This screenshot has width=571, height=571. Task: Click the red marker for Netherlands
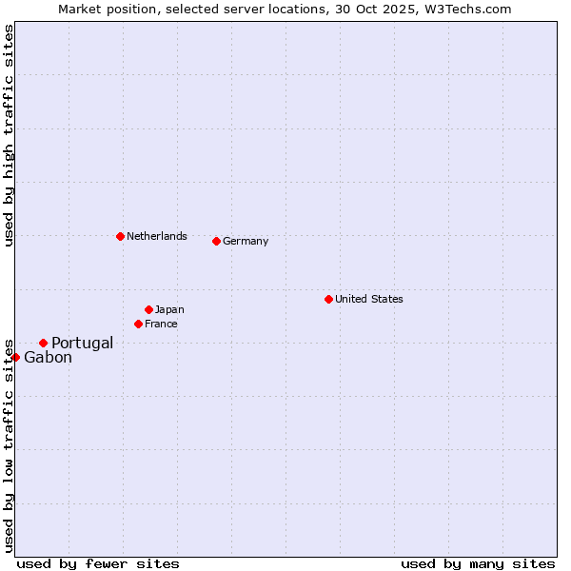[120, 236]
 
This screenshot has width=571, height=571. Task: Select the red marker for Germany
[216, 241]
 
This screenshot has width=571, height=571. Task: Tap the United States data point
[328, 299]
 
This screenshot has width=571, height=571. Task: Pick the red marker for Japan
[148, 309]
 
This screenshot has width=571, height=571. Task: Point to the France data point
[138, 324]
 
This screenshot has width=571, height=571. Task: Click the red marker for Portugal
[43, 343]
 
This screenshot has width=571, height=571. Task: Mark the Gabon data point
[15, 357]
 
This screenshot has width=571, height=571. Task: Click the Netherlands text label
[156, 236]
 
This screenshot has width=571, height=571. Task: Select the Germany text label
[246, 241]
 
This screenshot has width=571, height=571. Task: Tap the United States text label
[368, 299]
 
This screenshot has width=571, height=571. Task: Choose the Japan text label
[169, 309]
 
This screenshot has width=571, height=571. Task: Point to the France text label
[161, 324]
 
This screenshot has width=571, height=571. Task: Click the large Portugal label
[82, 343]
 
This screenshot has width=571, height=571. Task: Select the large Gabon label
[48, 358]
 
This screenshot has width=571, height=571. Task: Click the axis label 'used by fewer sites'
[98, 563]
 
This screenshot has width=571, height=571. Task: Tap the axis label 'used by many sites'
[478, 563]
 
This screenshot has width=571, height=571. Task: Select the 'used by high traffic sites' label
[9, 135]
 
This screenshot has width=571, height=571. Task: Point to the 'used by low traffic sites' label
[9, 444]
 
